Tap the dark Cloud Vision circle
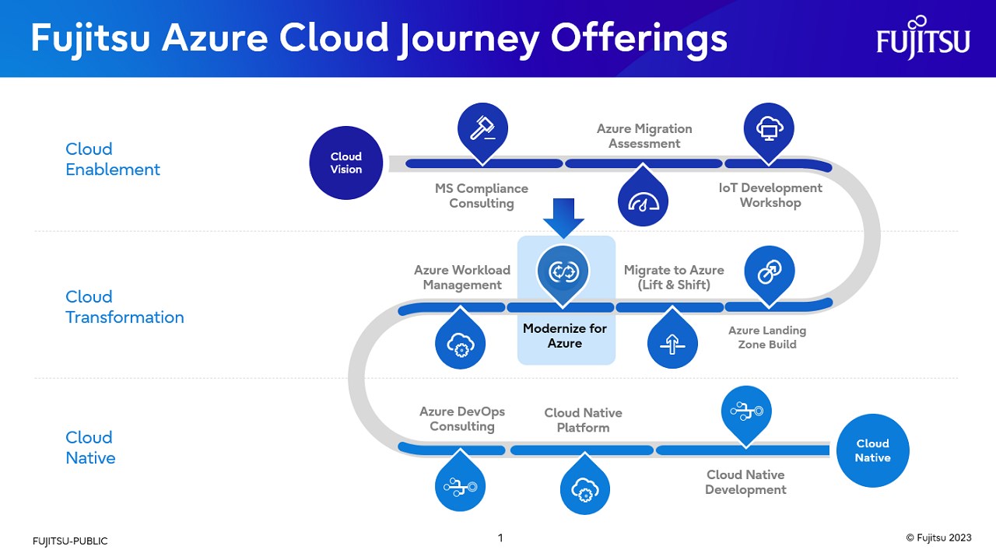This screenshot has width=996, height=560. click(x=346, y=163)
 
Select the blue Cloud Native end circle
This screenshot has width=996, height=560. click(x=872, y=450)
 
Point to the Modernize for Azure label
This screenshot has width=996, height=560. click(x=565, y=336)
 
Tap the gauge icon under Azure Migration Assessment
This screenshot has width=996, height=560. click(x=644, y=201)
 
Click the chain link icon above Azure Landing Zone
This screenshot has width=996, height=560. click(x=769, y=271)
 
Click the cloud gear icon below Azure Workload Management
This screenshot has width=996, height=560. click(x=460, y=345)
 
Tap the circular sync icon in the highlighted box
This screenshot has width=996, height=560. click(x=563, y=271)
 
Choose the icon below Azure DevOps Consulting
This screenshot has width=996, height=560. click(x=461, y=487)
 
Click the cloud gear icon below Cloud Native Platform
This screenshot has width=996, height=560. click(x=584, y=489)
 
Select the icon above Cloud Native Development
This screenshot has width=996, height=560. click(x=746, y=412)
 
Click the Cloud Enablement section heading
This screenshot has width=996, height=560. click(x=113, y=159)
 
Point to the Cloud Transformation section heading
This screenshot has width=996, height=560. click(x=124, y=307)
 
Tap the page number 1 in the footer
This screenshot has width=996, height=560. click(x=500, y=537)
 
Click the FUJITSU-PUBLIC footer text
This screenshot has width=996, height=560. click(x=70, y=541)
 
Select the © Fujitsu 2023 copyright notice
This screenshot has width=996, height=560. click(x=938, y=537)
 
